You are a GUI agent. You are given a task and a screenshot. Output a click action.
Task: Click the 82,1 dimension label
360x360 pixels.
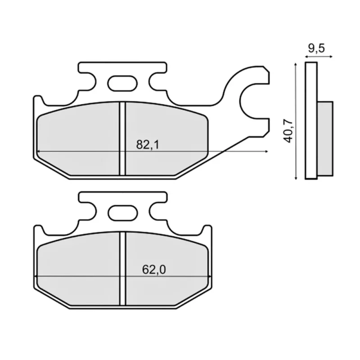(148, 144)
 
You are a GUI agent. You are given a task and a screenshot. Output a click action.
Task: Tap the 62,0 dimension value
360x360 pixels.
(154, 270)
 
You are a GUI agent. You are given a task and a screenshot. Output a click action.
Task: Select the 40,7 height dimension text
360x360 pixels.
(288, 131)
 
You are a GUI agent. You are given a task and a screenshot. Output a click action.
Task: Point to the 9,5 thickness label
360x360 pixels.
(316, 49)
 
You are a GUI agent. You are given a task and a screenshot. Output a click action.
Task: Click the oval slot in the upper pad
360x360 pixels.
(122, 83)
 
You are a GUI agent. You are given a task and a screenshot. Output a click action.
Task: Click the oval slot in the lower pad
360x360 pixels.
(123, 213)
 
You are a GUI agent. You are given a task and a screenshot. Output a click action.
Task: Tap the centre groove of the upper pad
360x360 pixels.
(123, 139)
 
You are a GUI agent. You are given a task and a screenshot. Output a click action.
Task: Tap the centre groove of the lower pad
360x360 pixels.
(123, 269)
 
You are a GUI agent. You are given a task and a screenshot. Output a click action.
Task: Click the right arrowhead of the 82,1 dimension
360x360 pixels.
(266, 151)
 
